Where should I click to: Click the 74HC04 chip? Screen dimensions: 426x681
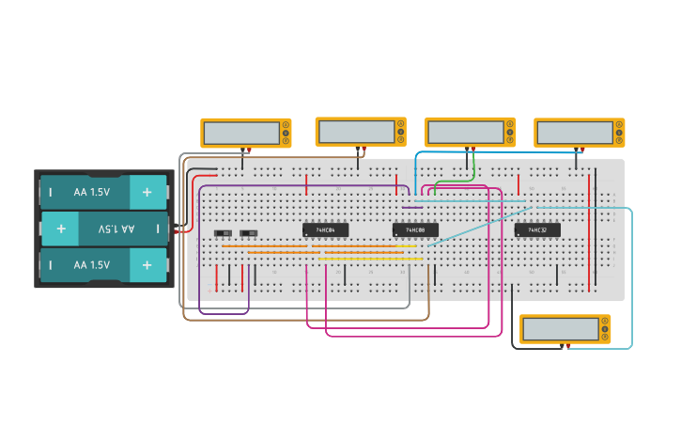click(325, 229)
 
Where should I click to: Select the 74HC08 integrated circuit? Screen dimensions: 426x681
click(415, 229)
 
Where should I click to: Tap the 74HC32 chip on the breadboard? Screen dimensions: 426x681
click(537, 229)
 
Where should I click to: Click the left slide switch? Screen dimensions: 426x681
click(224, 233)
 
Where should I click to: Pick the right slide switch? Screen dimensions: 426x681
click(249, 233)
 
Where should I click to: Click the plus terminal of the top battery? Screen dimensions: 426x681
click(147, 192)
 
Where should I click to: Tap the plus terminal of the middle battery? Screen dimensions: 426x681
click(61, 229)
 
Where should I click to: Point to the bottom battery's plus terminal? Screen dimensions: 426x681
click(147, 265)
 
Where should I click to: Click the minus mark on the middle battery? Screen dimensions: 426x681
click(157, 229)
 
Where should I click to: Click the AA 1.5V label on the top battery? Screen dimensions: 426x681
click(91, 192)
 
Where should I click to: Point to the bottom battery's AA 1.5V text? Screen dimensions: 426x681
click(91, 265)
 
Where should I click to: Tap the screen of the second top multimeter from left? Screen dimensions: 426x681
click(355, 131)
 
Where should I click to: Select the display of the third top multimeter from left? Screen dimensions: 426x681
click(465, 131)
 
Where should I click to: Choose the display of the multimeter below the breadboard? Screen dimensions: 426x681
click(560, 329)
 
